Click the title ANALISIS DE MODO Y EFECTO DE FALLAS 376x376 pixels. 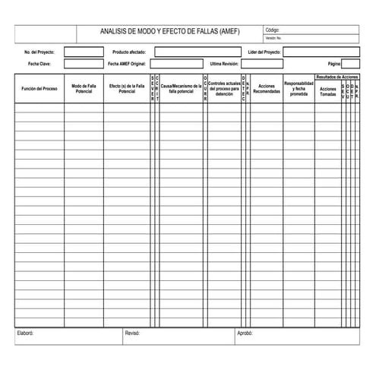click(x=169, y=31)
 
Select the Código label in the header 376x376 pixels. click(x=272, y=30)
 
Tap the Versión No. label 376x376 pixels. click(x=273, y=37)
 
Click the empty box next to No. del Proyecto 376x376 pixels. click(x=84, y=52)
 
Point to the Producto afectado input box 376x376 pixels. click(x=197, y=52)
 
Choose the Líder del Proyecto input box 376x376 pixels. click(x=321, y=52)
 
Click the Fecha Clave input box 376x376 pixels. click(x=84, y=64)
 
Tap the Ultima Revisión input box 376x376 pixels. click(x=272, y=64)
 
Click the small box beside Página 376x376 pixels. click(x=350, y=64)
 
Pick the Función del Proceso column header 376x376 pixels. click(x=39, y=89)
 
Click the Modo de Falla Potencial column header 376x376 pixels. click(x=84, y=89)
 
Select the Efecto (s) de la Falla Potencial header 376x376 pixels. click(x=127, y=89)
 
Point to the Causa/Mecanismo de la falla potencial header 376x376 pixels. click(x=181, y=89)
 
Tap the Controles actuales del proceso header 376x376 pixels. click(x=224, y=89)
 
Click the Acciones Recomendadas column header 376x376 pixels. click(x=266, y=89)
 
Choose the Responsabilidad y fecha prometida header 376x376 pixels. click(x=299, y=89)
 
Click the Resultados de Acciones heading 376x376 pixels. click(x=337, y=77)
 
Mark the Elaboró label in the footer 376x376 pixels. click(x=26, y=333)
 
